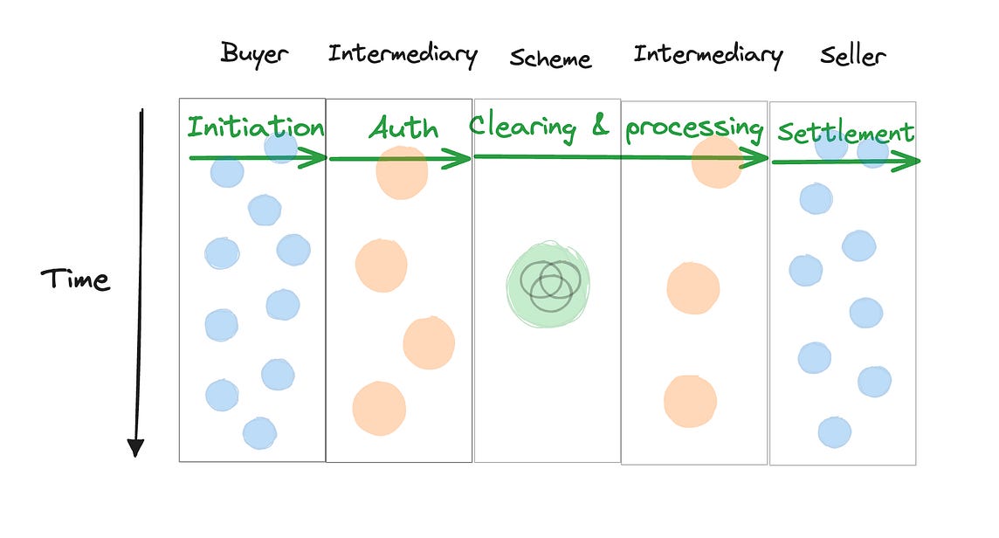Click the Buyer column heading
pyautogui.click(x=254, y=53)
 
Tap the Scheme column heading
pyautogui.click(x=550, y=59)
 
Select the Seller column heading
pyautogui.click(x=853, y=56)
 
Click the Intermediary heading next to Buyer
pyautogui.click(x=403, y=54)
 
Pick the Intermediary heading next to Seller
pyautogui.click(x=708, y=55)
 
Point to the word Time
pyautogui.click(x=75, y=279)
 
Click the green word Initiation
pyautogui.click(x=255, y=128)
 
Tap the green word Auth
pyautogui.click(x=403, y=128)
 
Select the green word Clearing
pyautogui.click(x=523, y=126)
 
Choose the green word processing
pyautogui.click(x=694, y=128)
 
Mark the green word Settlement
pyautogui.click(x=844, y=133)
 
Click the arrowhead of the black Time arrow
pyautogui.click(x=134, y=446)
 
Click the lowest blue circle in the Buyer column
pyautogui.click(x=259, y=433)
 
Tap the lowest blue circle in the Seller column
pyautogui.click(x=835, y=432)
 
